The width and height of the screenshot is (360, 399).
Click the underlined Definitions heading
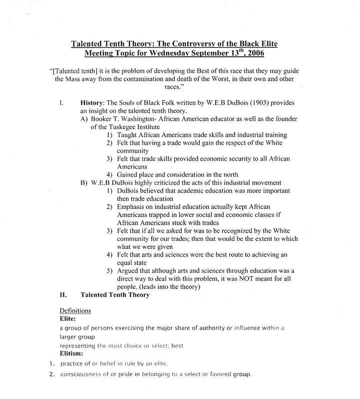pos(75,310)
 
